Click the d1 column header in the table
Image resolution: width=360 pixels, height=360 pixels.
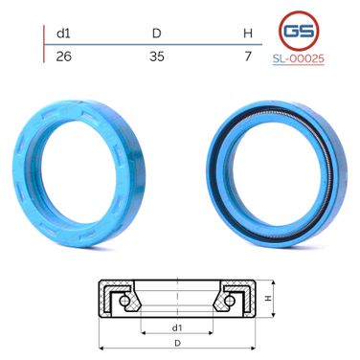pyautogui.click(x=63, y=34)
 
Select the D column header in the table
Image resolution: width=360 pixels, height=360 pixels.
pyautogui.click(x=156, y=34)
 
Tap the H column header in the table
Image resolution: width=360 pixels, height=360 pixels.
pyautogui.click(x=248, y=34)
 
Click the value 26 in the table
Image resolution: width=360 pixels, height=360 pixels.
pyautogui.click(x=63, y=56)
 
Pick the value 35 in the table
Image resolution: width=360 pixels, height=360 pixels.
pyautogui.click(x=157, y=56)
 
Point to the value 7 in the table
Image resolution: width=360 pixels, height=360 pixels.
pyautogui.click(x=248, y=56)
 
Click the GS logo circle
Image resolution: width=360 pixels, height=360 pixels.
pyautogui.click(x=299, y=31)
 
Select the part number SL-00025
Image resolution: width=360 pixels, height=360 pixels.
pyautogui.click(x=299, y=58)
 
